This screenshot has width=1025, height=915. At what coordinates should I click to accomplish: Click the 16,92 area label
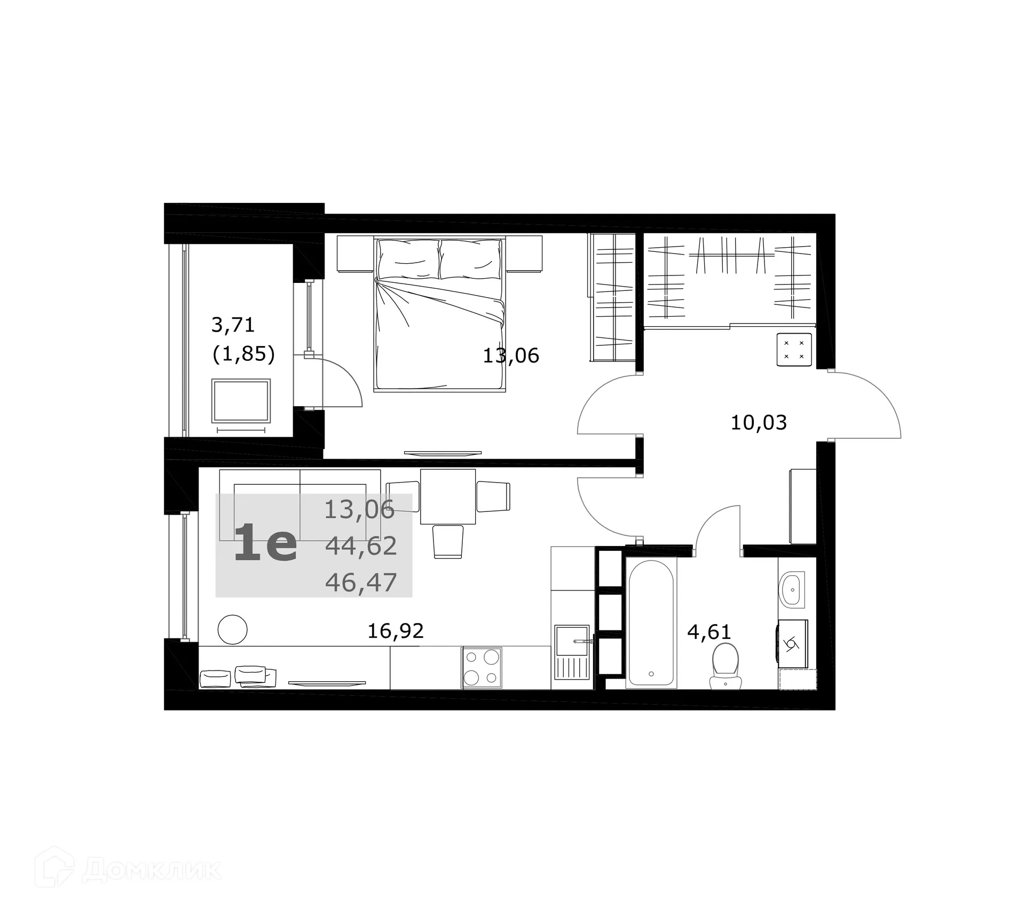point(396,631)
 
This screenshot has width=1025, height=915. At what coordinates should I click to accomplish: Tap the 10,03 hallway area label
point(759,423)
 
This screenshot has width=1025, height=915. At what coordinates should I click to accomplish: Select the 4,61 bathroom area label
point(708,632)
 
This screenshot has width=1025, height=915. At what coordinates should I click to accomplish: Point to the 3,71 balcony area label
point(233,324)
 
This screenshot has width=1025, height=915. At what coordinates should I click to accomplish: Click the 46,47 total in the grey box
point(361,582)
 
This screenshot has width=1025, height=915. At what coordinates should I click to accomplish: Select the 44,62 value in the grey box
point(361,546)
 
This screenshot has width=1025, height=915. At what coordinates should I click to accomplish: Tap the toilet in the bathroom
point(726,665)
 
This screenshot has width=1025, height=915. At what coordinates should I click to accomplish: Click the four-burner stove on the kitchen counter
point(482,667)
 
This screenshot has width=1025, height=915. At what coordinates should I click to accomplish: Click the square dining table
point(447,496)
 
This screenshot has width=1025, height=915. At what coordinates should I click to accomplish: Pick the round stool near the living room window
point(233,629)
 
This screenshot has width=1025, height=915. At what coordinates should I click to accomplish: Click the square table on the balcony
point(241,400)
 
